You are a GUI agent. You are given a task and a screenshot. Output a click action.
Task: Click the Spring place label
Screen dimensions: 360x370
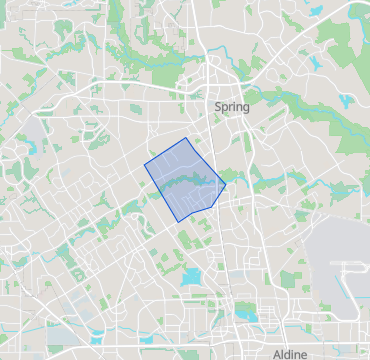[232, 106]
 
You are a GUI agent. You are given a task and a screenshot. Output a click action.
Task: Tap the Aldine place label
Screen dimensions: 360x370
[291, 354]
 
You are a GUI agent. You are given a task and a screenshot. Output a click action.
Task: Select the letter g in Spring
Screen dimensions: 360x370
[246, 108]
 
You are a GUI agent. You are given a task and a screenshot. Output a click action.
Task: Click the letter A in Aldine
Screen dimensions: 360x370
[277, 354]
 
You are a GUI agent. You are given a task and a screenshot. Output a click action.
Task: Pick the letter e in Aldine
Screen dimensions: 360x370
[307, 354]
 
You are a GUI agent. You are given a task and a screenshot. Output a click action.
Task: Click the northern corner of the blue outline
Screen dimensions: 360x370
[187, 138]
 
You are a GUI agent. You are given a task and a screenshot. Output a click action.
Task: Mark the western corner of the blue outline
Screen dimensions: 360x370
[145, 162]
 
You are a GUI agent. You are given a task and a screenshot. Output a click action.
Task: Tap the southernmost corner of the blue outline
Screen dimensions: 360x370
[178, 220]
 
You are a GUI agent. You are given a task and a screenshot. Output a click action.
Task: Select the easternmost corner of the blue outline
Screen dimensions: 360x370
[226, 185]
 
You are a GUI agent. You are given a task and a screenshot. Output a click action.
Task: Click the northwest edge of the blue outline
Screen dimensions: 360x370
[166, 150]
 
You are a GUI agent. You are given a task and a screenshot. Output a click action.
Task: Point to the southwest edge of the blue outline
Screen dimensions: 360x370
[161, 191]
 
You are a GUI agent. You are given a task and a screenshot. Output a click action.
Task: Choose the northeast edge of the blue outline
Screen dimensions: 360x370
[207, 161]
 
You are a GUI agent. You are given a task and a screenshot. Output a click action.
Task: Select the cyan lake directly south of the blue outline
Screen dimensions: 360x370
[191, 275]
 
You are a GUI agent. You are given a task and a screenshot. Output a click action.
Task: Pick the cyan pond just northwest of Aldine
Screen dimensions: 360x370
[247, 318]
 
